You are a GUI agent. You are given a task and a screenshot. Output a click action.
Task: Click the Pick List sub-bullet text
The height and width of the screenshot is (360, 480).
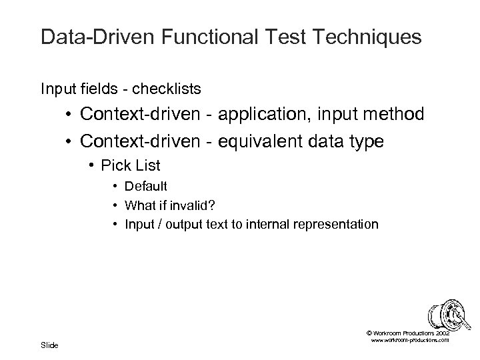pos(130,164)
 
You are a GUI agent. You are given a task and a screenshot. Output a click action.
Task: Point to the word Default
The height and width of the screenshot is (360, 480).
pos(146,186)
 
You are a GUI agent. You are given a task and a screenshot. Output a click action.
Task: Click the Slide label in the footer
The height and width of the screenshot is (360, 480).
pos(49,345)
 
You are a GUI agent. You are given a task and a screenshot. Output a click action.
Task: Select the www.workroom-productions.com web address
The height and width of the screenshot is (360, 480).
pos(408,340)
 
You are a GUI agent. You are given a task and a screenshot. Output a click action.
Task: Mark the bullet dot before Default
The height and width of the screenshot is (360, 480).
pos(116,186)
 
